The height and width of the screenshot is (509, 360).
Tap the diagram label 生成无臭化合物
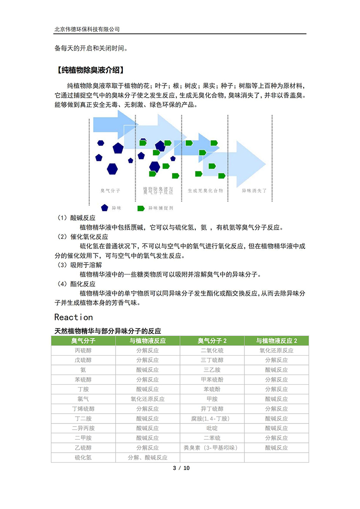(x=205, y=191)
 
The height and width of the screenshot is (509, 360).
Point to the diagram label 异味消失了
(x=254, y=191)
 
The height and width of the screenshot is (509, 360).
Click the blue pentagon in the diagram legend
(x=104, y=208)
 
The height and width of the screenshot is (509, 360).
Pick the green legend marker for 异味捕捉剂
(x=141, y=208)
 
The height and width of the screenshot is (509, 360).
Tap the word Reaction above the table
(x=73, y=317)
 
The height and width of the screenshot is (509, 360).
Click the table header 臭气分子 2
(x=212, y=341)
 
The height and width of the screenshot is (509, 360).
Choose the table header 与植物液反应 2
(x=276, y=341)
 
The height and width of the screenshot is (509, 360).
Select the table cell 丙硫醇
(x=83, y=351)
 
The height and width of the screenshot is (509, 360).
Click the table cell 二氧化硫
(x=212, y=351)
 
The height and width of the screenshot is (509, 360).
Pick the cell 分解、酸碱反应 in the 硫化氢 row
(x=148, y=457)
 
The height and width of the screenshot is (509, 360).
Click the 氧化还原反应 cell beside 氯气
(x=148, y=399)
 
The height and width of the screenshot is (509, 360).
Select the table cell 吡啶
(x=212, y=428)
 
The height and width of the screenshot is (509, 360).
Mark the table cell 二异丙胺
(x=83, y=428)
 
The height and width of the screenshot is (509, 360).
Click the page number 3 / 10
(x=181, y=468)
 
